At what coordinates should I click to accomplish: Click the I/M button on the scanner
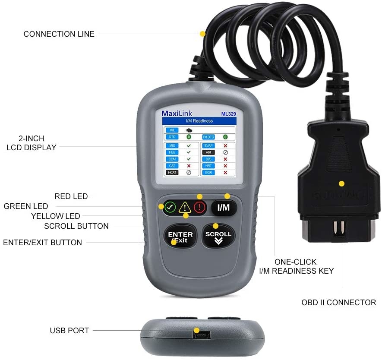tap(224, 208)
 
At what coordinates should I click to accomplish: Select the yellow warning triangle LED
tap(185, 208)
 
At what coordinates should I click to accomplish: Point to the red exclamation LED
tap(199, 208)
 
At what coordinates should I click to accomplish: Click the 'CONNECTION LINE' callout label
tap(59, 34)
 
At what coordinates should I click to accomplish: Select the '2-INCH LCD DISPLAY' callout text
tap(31, 143)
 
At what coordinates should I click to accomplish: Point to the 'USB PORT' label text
tap(69, 331)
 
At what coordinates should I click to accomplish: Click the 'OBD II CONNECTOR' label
tap(338, 303)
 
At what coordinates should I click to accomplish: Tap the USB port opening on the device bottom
tap(199, 334)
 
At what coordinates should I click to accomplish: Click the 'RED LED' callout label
tap(71, 196)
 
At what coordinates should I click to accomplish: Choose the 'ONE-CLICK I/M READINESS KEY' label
tap(296, 266)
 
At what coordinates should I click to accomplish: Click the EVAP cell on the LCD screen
tap(208, 145)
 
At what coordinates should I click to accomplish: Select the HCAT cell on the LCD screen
tap(171, 172)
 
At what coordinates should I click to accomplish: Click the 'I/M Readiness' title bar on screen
tap(199, 121)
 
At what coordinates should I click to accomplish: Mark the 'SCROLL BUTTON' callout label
tap(76, 226)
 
